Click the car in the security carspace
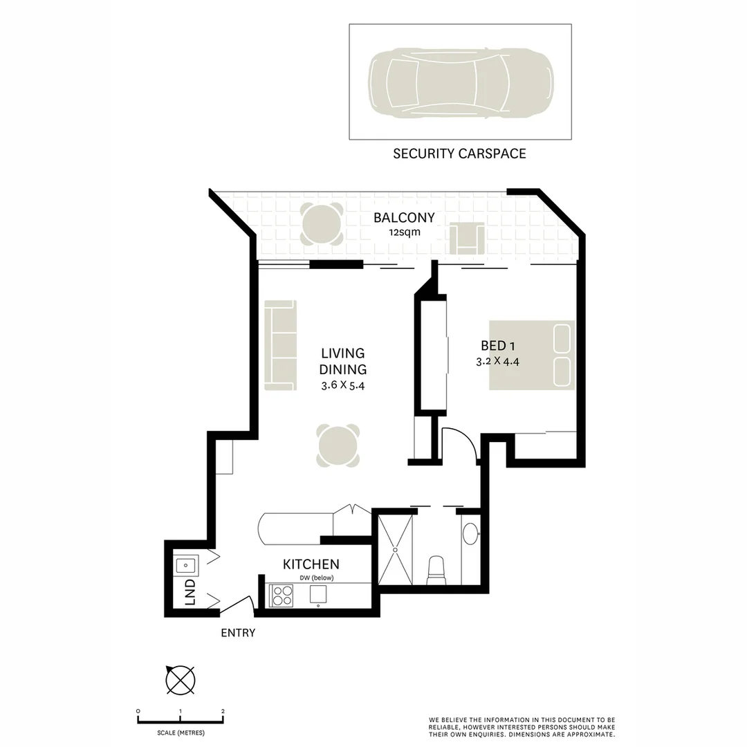(461, 82)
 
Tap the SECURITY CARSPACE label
(459, 154)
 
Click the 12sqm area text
(404, 233)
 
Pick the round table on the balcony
(322, 224)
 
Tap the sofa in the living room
(280, 345)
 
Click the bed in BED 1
(532, 355)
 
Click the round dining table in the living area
(338, 445)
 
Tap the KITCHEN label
(311, 564)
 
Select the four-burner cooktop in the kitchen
(282, 596)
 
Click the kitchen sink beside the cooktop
(317, 595)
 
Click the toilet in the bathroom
(436, 570)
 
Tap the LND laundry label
(190, 593)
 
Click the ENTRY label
(238, 632)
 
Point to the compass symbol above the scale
(180, 679)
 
